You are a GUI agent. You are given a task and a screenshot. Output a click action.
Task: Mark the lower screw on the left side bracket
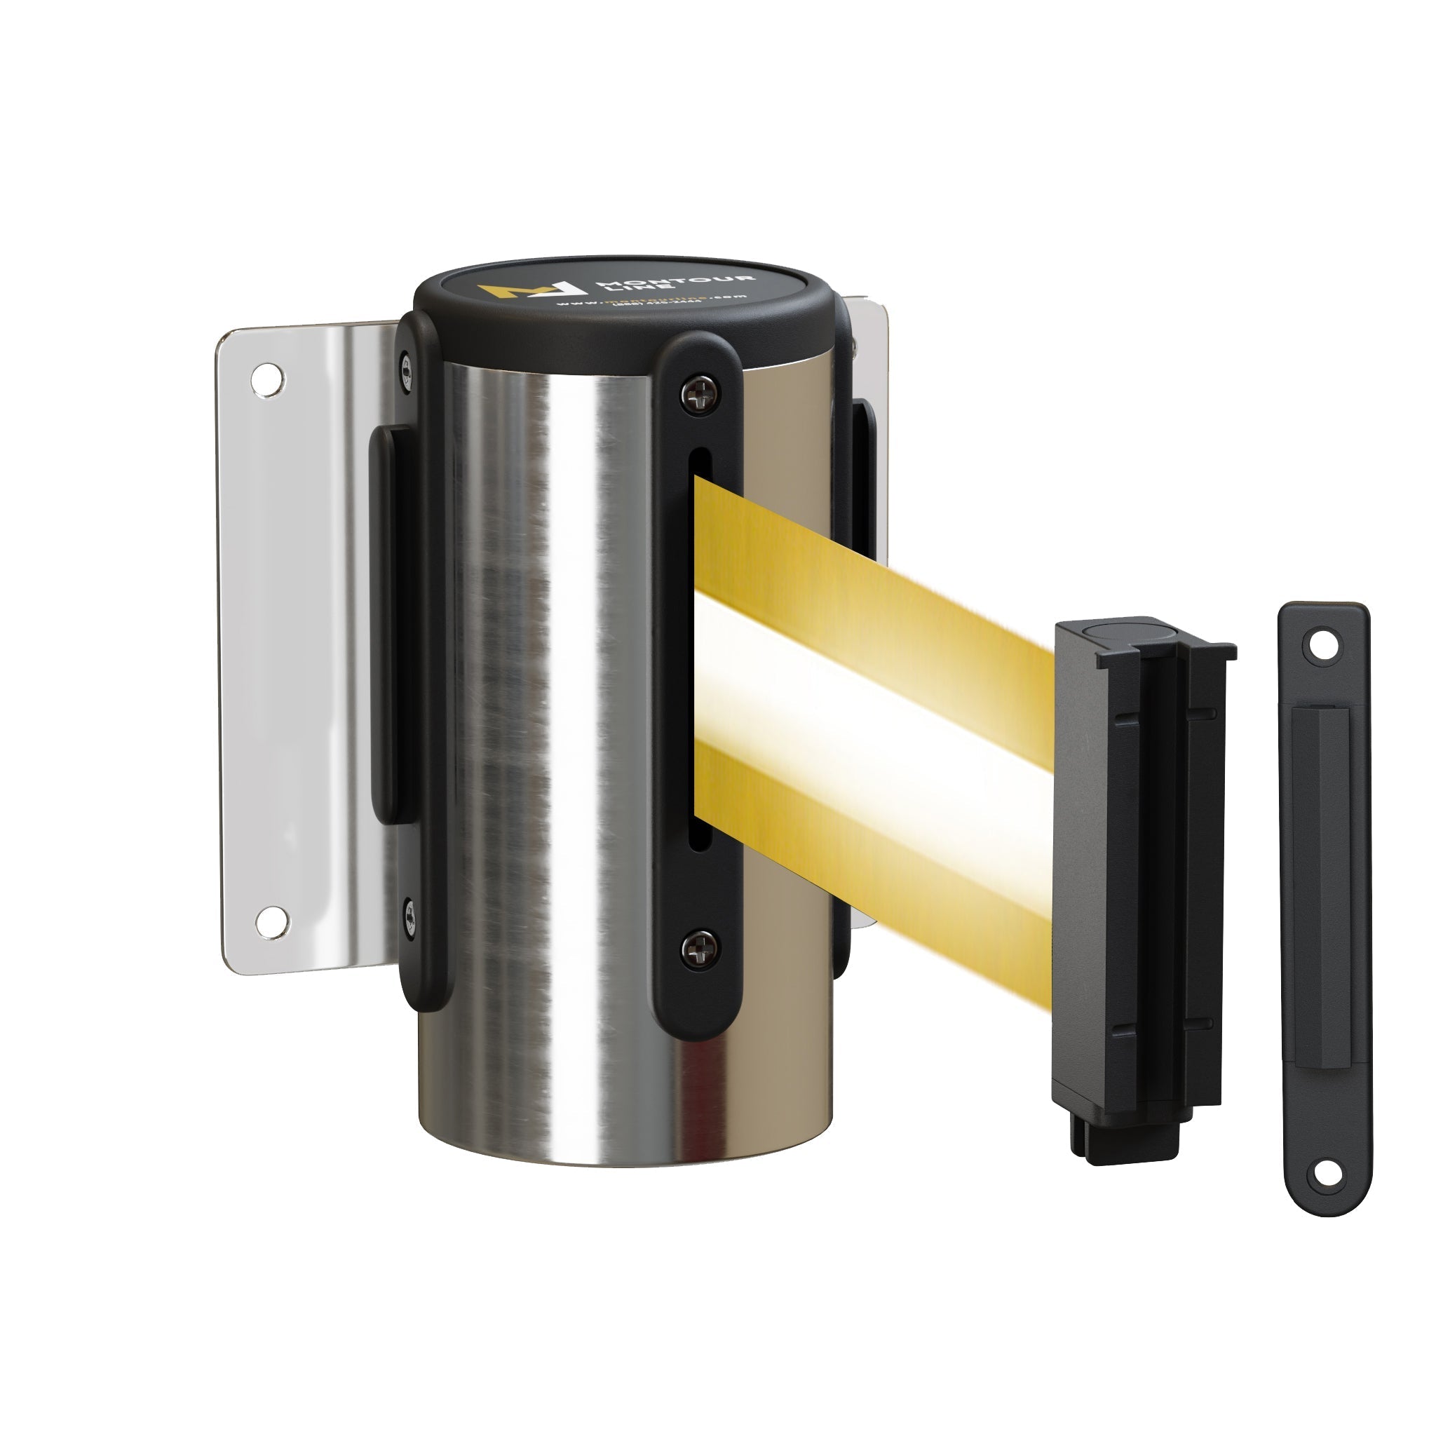point(408,916)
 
